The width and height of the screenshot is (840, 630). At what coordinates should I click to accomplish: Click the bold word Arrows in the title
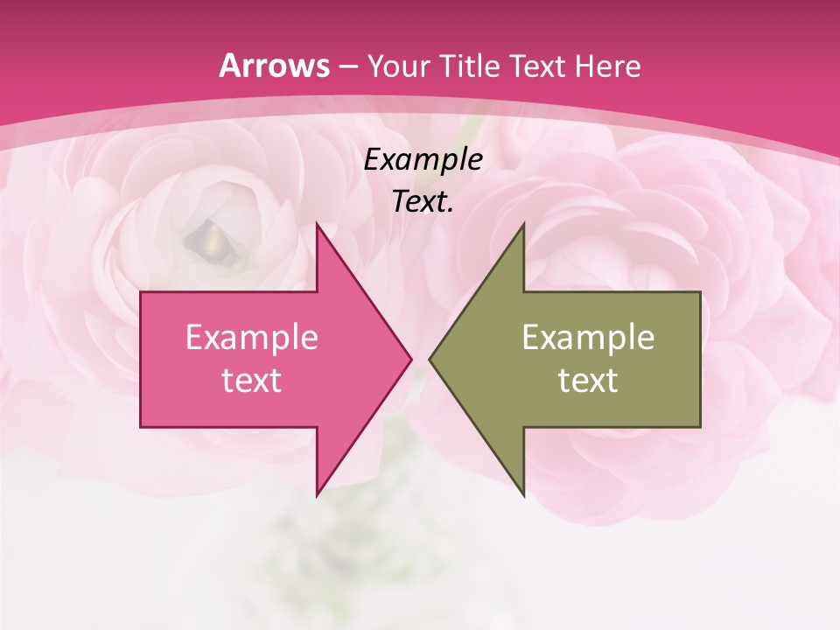275,66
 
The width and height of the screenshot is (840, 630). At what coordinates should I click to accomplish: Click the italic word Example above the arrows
423,159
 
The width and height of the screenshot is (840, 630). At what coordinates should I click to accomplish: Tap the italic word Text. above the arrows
423,201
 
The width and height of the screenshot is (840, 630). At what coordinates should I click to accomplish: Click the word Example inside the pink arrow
251,337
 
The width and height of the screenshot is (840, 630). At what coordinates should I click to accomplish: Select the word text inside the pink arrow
251,381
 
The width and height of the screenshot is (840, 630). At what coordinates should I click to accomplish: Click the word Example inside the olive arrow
588,337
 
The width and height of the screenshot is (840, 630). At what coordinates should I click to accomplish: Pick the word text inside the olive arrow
588,381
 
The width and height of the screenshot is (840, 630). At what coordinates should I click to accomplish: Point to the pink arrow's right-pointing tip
409,359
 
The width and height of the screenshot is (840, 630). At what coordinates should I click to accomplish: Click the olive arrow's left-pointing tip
430,359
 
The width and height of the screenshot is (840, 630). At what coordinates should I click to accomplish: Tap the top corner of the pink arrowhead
317,224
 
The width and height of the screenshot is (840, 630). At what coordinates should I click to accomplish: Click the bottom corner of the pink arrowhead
317,494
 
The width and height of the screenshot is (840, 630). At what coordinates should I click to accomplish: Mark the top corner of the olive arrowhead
523,224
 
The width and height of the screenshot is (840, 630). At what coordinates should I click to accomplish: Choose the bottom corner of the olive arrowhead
523,494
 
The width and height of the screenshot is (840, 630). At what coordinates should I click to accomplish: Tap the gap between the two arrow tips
420,359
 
